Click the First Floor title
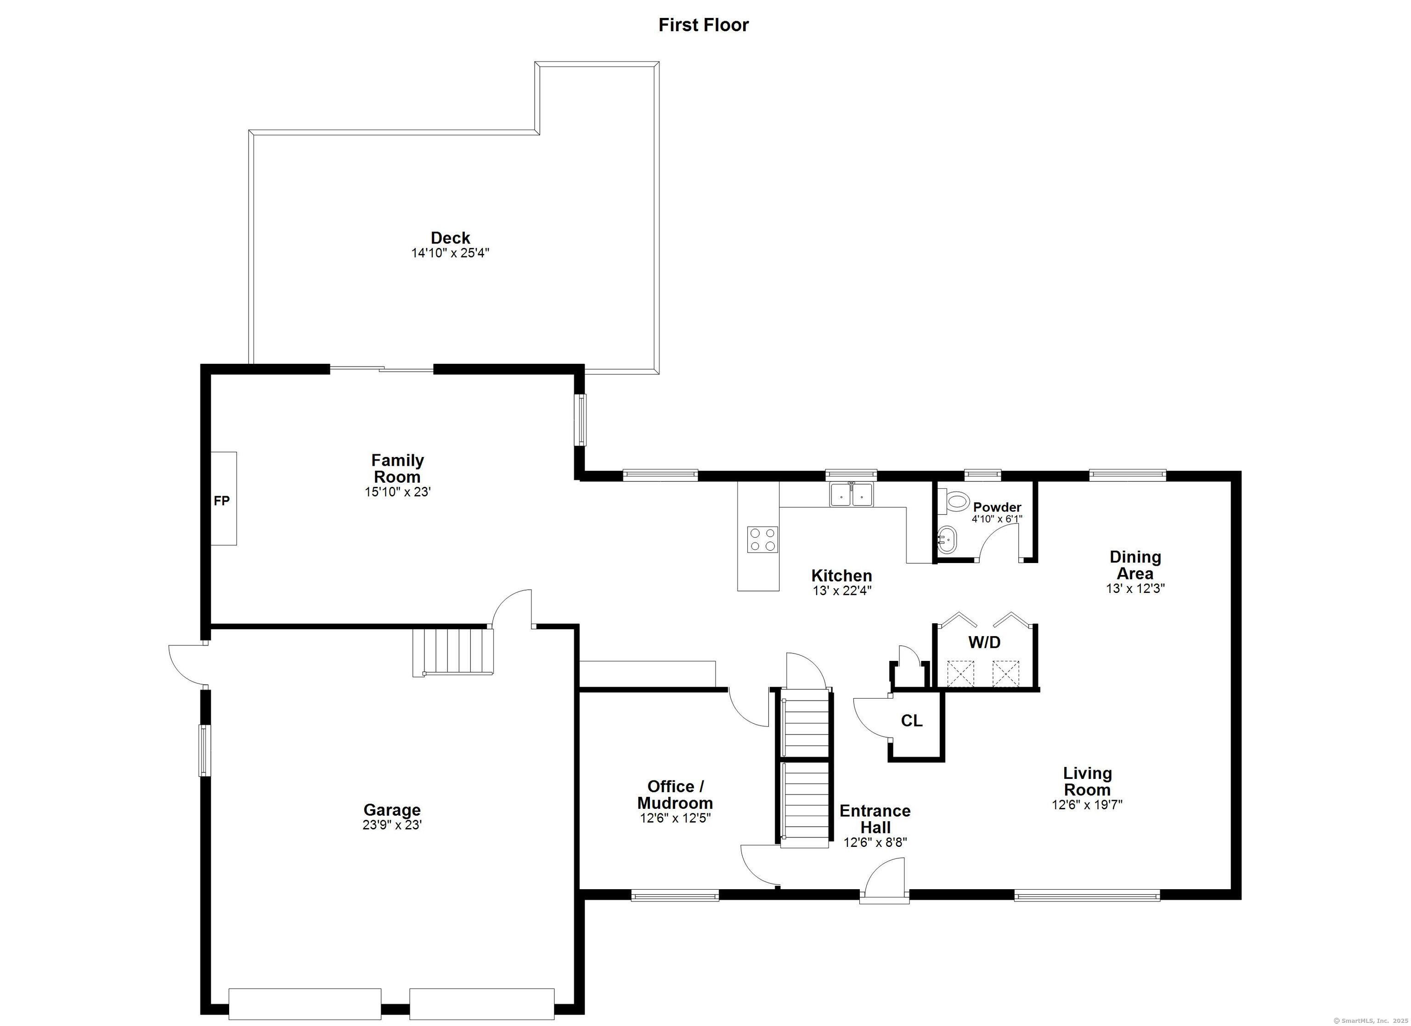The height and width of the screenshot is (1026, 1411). pos(704,25)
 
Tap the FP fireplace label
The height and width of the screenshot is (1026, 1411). pos(221,500)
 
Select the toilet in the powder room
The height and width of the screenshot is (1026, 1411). pos(954,501)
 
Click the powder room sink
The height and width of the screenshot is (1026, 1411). pos(947,540)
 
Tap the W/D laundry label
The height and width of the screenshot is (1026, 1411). pos(984,642)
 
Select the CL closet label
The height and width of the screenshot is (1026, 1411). pos(911,721)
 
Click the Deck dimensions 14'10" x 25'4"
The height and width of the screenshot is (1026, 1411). pos(451,253)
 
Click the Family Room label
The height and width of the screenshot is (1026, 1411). pos(398,468)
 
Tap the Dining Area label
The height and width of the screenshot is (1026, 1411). pos(1135,565)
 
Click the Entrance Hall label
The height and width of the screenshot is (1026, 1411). pos(875,819)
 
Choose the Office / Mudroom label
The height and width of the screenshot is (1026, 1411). pos(675,795)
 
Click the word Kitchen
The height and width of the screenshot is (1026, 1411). pos(842,575)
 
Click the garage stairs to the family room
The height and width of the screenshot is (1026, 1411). pos(453,651)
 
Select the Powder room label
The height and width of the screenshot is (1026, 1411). pos(997,507)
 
